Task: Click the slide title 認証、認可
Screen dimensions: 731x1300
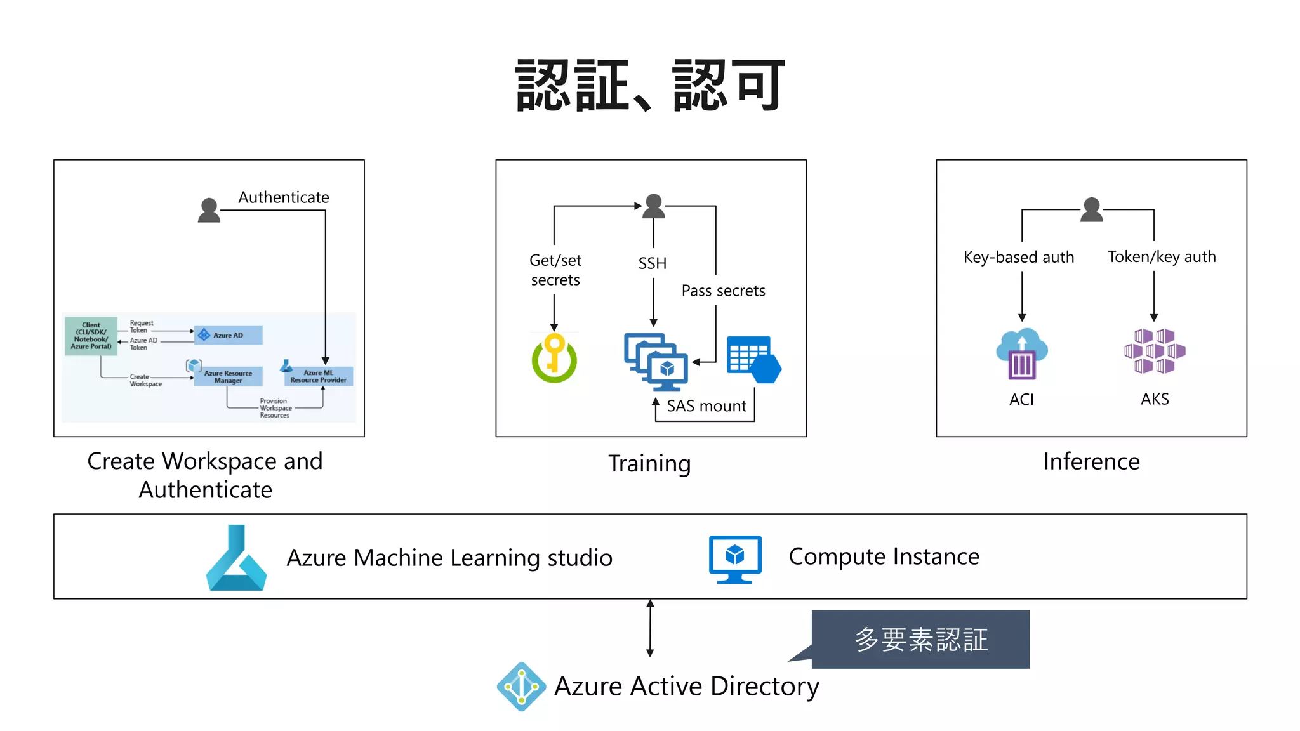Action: point(650,86)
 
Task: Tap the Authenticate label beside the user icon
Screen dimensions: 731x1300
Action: point(284,197)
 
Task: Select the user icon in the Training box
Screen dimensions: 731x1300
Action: point(654,207)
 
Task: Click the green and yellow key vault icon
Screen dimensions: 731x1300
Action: point(554,359)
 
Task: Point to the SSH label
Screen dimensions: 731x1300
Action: point(653,263)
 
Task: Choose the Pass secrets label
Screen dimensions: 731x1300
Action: point(723,291)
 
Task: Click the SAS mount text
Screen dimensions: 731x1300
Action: point(706,406)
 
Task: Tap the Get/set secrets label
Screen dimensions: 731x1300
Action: point(555,270)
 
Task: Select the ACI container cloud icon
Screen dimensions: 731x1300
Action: point(1021,353)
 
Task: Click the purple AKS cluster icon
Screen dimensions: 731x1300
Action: point(1155,351)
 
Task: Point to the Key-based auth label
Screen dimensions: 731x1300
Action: point(1019,257)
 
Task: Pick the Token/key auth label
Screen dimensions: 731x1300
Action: point(1162,256)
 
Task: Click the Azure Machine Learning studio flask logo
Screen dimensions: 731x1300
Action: point(236,558)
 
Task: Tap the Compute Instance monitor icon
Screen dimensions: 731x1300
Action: point(735,559)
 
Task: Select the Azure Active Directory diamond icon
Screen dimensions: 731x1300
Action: point(521,687)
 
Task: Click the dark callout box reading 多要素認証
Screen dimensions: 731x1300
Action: point(920,639)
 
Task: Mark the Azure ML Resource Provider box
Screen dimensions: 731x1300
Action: point(318,376)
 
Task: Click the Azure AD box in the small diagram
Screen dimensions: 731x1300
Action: point(229,335)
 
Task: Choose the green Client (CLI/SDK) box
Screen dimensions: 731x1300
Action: point(91,336)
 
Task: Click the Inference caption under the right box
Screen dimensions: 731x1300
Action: point(1091,461)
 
